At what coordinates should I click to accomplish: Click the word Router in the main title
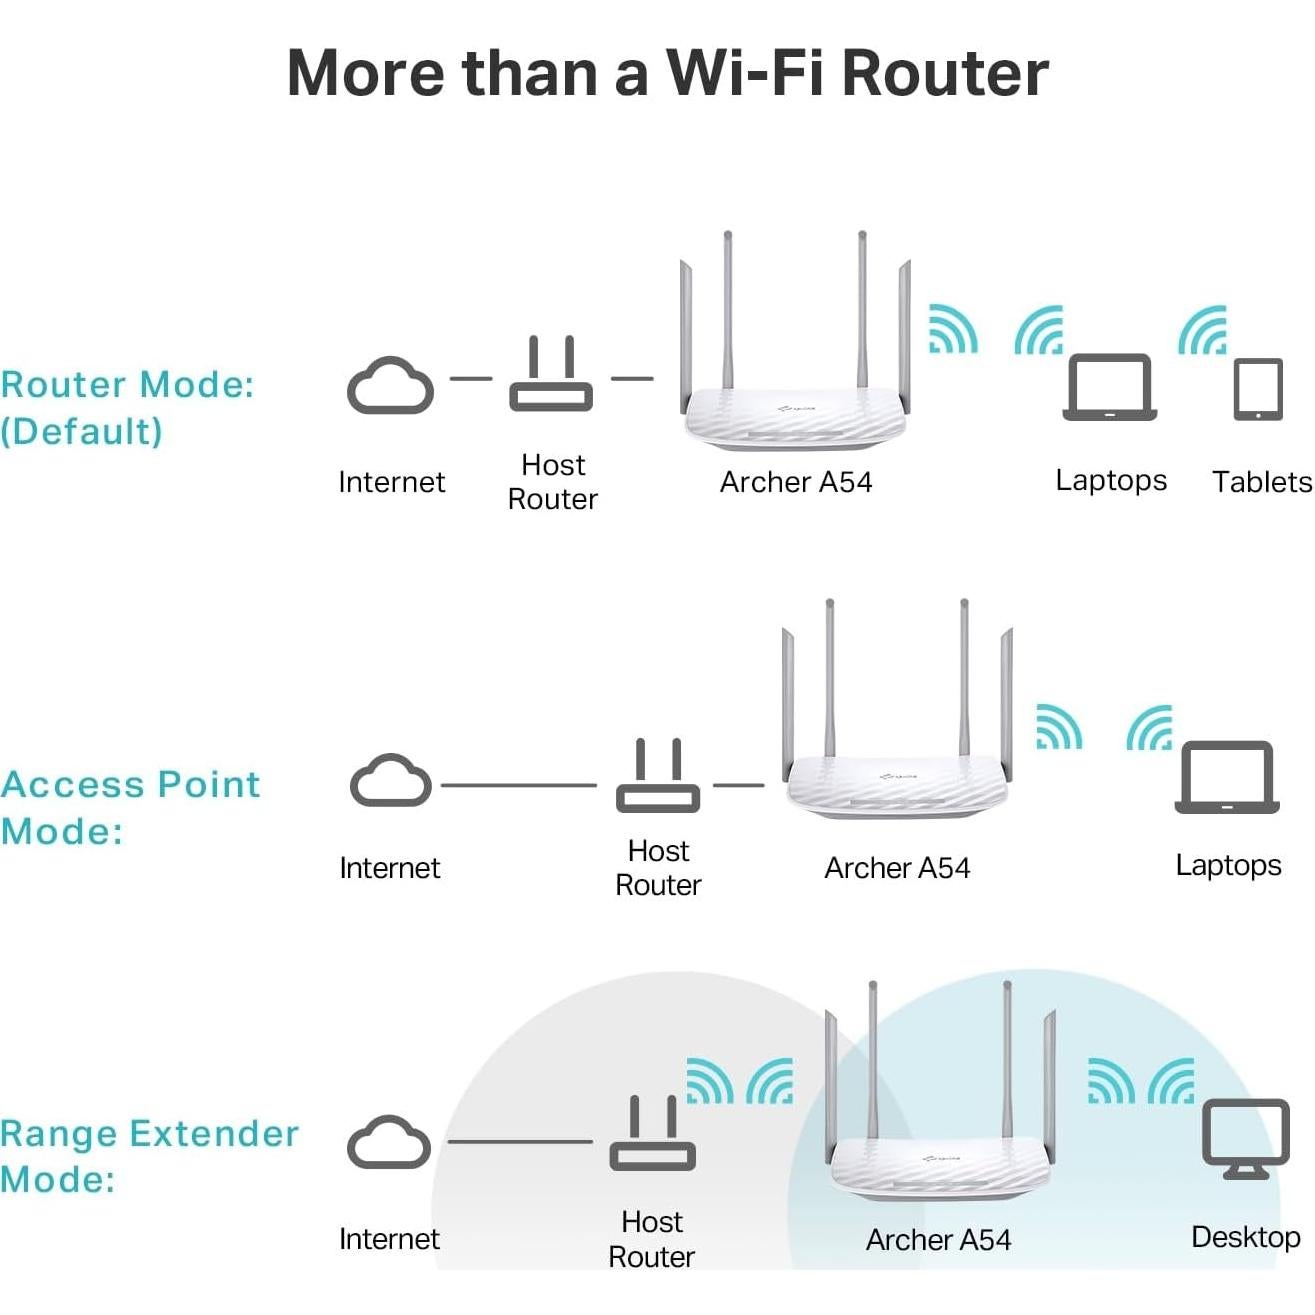(944, 73)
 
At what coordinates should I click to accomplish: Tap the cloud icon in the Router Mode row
(390, 386)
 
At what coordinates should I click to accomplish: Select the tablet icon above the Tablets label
(1257, 389)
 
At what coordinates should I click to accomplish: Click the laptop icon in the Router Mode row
(1109, 388)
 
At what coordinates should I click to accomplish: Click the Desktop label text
(1245, 1237)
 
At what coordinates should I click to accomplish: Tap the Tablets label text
(1261, 482)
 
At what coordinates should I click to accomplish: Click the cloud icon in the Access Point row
(391, 781)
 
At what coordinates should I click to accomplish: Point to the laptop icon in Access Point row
(1226, 777)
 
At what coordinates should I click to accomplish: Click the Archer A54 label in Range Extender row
(938, 1240)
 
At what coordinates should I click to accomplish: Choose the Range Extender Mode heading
(149, 1156)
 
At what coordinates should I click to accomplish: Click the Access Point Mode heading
(130, 807)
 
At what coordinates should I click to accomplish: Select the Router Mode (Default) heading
(127, 408)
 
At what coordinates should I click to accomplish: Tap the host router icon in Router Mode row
(550, 376)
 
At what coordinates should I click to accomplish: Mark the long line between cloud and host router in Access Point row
(518, 785)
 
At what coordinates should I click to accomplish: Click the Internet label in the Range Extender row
(389, 1239)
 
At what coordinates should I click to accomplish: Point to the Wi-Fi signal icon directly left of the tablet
(1202, 331)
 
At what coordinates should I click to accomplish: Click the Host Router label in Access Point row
(658, 868)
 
